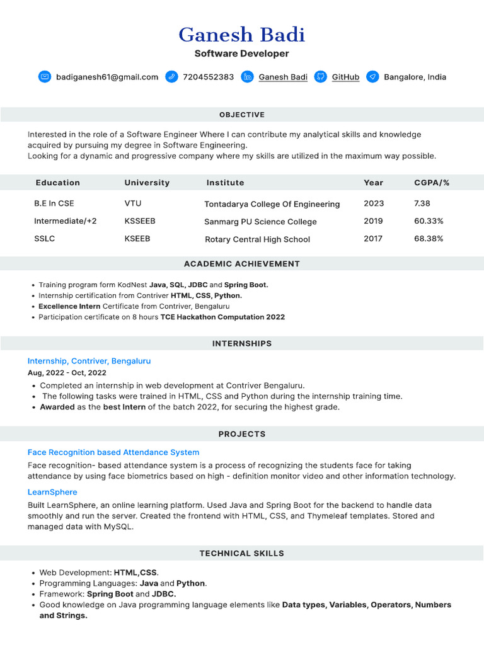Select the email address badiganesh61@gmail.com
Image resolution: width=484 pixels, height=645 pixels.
(107, 77)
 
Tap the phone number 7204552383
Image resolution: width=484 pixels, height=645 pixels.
(208, 77)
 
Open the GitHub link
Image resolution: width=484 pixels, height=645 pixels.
(345, 77)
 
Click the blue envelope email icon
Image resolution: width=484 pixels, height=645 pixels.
(44, 77)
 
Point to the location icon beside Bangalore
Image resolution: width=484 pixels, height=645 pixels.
(372, 77)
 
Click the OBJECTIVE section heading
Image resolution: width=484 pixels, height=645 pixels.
(242, 115)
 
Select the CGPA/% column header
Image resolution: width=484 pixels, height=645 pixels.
(432, 183)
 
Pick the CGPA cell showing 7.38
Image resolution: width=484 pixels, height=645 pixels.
(422, 203)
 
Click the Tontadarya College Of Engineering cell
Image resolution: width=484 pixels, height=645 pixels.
(272, 204)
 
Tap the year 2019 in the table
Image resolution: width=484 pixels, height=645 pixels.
(373, 221)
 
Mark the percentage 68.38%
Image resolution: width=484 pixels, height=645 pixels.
(429, 239)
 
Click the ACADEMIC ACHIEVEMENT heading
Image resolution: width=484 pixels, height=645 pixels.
(242, 264)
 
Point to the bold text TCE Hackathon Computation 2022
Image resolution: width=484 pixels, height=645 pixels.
(222, 317)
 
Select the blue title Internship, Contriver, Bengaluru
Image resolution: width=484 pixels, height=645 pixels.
(89, 361)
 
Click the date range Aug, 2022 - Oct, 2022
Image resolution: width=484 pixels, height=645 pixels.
(67, 373)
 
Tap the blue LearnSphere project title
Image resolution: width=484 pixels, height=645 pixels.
(52, 492)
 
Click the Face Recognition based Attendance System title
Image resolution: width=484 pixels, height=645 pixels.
(113, 452)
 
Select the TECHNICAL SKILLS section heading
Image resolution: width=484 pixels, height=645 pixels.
(242, 553)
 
